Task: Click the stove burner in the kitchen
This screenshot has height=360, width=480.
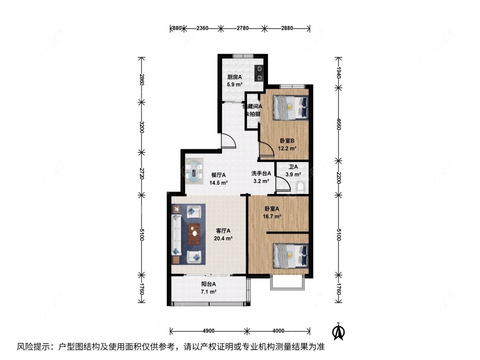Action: click(259, 73)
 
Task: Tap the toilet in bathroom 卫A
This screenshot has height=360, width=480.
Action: click(300, 186)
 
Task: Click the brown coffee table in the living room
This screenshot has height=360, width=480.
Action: click(195, 234)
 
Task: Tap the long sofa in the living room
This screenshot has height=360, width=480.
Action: click(177, 234)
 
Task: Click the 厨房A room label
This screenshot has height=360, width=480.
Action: click(234, 77)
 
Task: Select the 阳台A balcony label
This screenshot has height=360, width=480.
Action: click(209, 284)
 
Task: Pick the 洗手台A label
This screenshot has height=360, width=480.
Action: click(261, 174)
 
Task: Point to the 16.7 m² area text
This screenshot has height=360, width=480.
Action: click(272, 216)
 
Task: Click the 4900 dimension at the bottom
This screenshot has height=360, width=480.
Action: click(208, 331)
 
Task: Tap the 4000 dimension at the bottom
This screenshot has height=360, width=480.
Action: click(278, 331)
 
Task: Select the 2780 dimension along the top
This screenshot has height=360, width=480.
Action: click(242, 28)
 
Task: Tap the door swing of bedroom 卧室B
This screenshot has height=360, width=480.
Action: click(267, 150)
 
